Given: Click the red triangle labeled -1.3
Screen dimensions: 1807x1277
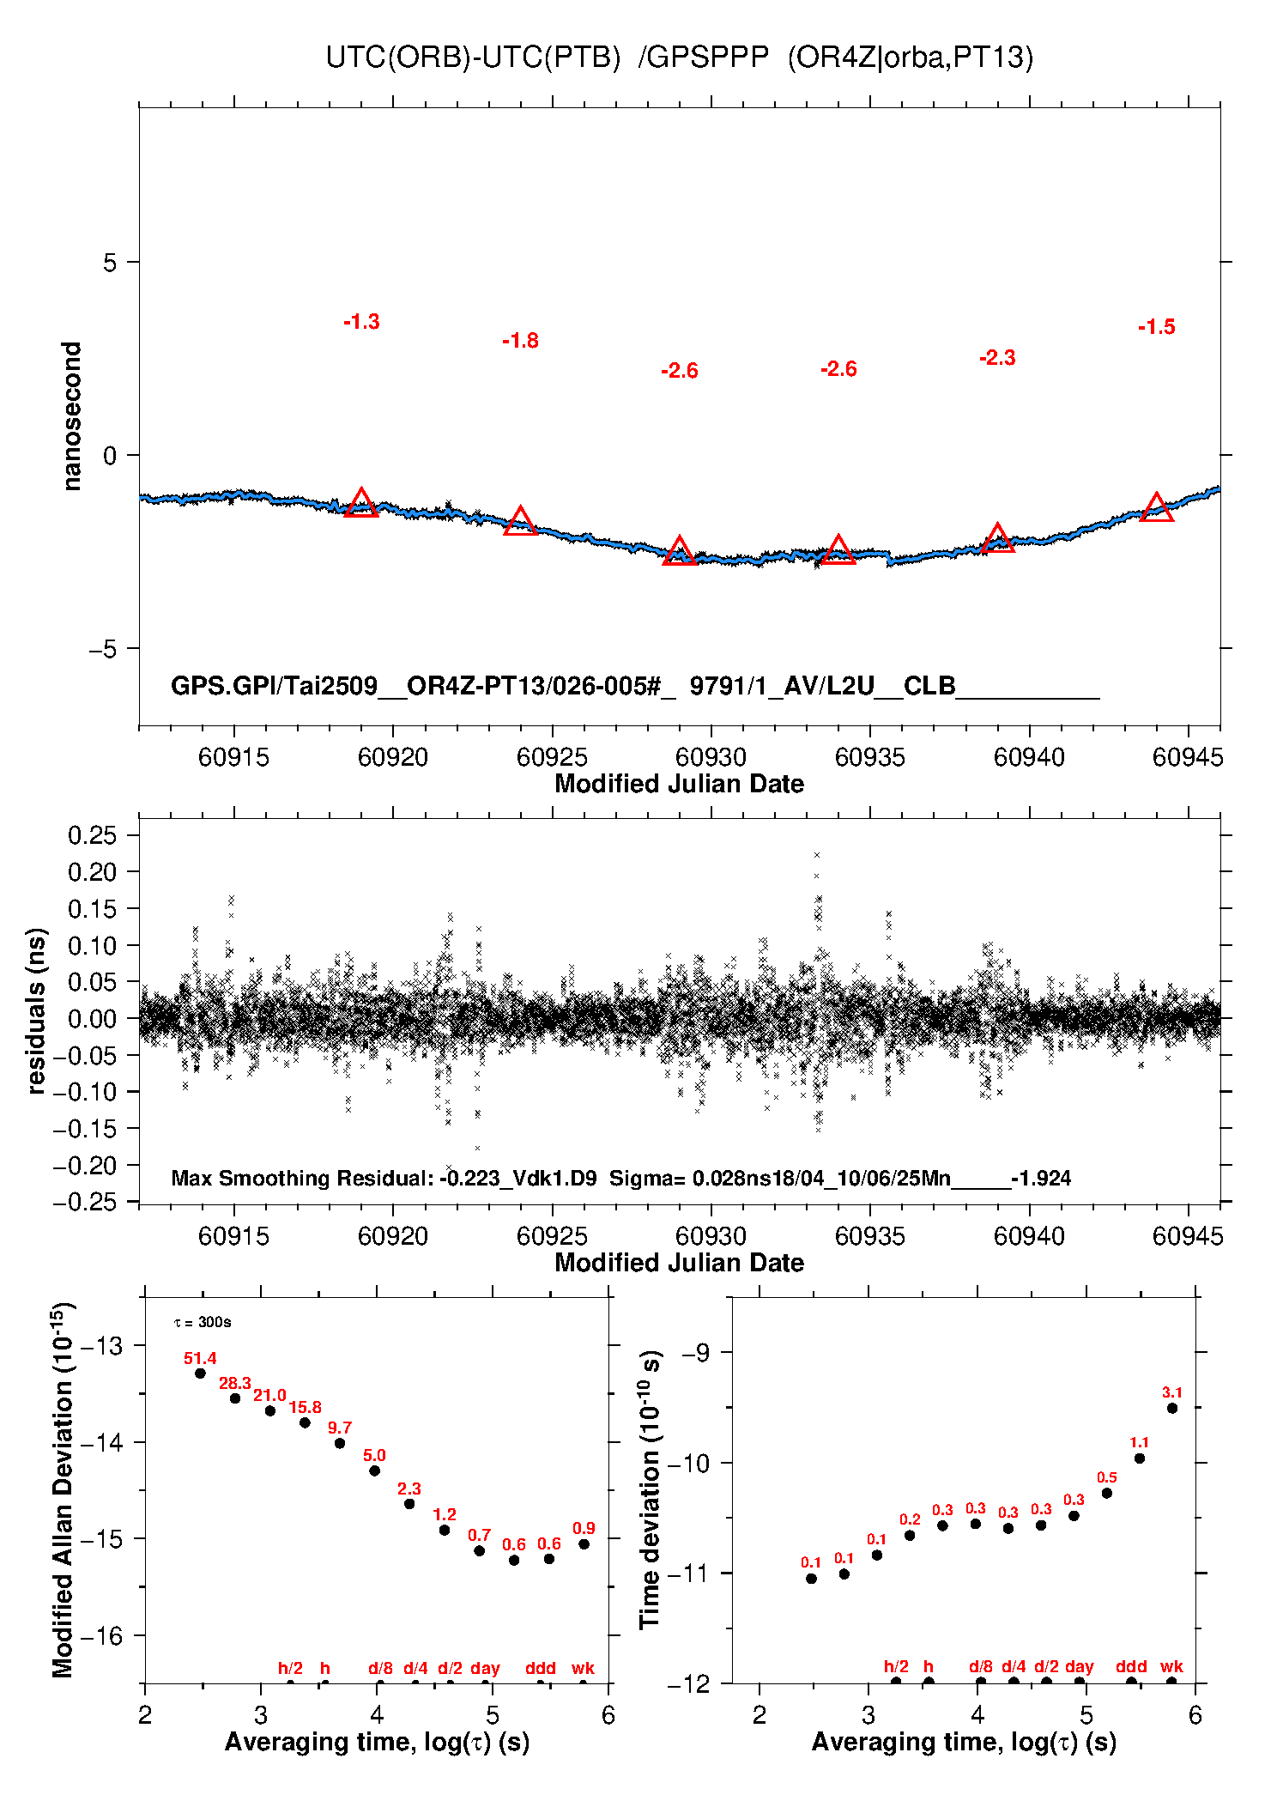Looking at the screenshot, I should [361, 504].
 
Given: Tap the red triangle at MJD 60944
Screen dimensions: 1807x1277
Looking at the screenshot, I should [1156, 508].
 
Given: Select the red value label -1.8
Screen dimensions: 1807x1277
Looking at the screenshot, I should [520, 341].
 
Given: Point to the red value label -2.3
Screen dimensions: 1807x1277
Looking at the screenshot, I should [997, 358].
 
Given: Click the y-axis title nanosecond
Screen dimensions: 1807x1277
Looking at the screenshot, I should [72, 415].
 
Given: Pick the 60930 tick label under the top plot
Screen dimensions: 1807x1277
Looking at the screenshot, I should [711, 757].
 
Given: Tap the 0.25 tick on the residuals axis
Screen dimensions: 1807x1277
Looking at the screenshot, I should [92, 835].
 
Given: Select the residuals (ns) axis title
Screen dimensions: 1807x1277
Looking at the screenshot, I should [36, 1010].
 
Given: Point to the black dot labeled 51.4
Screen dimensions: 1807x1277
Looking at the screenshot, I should [200, 1373].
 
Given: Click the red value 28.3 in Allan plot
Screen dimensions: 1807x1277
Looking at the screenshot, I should [234, 1383].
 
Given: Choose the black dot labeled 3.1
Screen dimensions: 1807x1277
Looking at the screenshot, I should [1172, 1408].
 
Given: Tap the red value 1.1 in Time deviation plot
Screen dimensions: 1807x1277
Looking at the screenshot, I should [1139, 1442].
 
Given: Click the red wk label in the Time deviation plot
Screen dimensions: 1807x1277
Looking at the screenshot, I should [1171, 1666].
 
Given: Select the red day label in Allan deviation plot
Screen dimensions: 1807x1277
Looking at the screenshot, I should [485, 1668].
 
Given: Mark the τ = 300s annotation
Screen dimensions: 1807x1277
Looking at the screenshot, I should [203, 1322].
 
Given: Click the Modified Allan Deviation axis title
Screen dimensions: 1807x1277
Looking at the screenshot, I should [63, 1489].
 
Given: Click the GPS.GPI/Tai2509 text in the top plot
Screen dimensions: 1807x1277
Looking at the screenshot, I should [275, 686].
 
